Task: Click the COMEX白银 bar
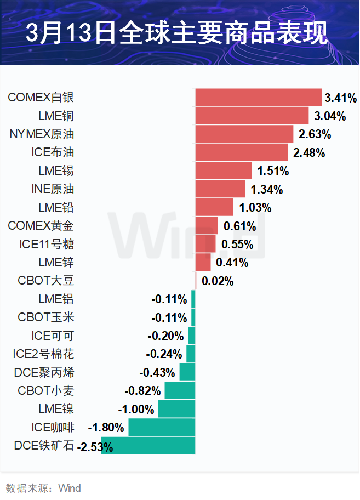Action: click(x=258, y=98)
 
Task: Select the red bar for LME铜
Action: click(x=252, y=116)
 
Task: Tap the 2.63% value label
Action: click(x=315, y=134)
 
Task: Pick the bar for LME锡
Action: click(x=224, y=171)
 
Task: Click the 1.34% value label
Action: click(x=266, y=190)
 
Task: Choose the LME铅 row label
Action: click(x=56, y=207)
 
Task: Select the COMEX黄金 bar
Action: click(x=207, y=226)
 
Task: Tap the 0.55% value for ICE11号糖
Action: click(x=237, y=245)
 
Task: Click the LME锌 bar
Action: click(x=203, y=263)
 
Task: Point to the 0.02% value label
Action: click(x=218, y=281)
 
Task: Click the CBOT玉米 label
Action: click(x=46, y=317)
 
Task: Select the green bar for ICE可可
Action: click(x=191, y=336)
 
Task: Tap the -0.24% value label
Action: click(x=164, y=354)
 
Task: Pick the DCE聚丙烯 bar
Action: click(x=187, y=373)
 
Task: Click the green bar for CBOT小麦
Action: click(x=180, y=391)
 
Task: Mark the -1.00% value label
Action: click(x=136, y=410)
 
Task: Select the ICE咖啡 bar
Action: click(x=162, y=428)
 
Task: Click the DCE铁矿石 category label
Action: click(x=44, y=446)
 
